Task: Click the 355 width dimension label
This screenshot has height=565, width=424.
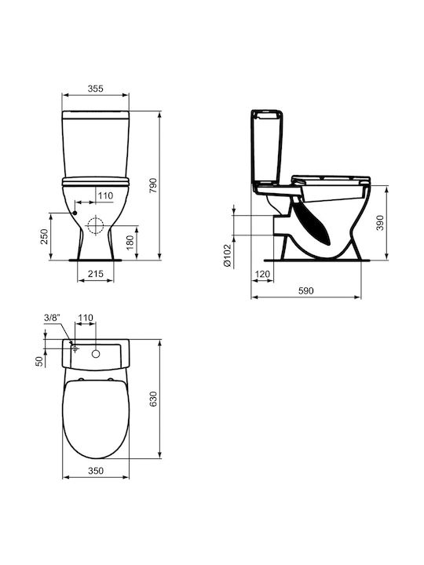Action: tap(96, 89)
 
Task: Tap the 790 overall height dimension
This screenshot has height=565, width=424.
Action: tap(154, 185)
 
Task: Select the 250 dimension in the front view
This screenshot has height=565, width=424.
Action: tap(44, 236)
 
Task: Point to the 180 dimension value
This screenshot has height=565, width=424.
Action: tap(130, 242)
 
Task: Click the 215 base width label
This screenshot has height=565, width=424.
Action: tap(96, 274)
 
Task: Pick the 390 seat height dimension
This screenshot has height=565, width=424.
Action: tap(380, 223)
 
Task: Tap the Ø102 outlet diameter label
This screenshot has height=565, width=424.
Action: tap(227, 256)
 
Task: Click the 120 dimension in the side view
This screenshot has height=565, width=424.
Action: tap(262, 275)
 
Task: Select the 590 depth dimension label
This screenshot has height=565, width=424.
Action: tap(305, 290)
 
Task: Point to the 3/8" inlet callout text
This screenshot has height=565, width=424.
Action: tap(53, 318)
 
